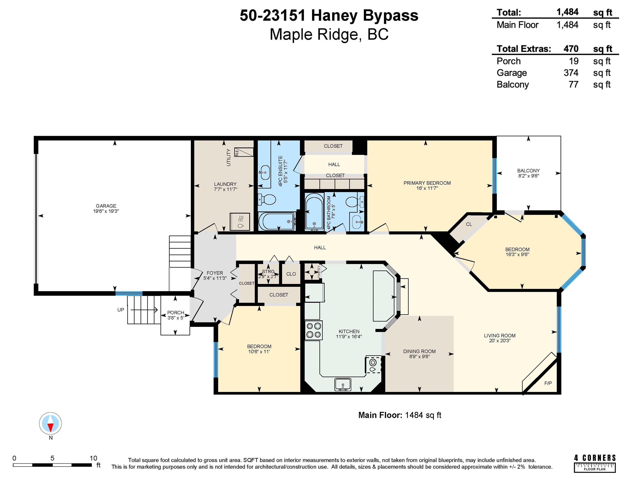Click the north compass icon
(x=50, y=423)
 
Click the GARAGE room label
(x=106, y=206)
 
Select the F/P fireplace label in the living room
(x=548, y=383)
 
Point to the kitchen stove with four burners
(x=313, y=330)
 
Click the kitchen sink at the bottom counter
(x=343, y=384)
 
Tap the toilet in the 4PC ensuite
(x=267, y=199)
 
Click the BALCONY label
(x=528, y=171)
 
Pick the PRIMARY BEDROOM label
(x=427, y=183)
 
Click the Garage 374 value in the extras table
(x=571, y=73)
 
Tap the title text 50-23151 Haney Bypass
(x=329, y=16)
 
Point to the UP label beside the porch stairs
(x=121, y=310)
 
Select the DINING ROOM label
(x=419, y=351)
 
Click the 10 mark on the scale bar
(x=93, y=458)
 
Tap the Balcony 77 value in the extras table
(x=574, y=85)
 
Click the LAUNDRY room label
(x=225, y=184)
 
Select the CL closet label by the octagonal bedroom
(x=469, y=224)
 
